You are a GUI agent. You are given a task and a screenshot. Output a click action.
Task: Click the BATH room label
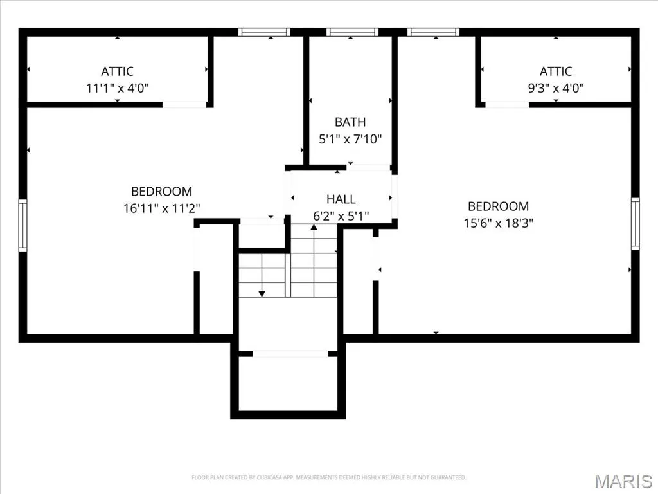tap(350, 122)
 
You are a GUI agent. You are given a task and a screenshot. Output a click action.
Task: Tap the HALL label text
tap(341, 199)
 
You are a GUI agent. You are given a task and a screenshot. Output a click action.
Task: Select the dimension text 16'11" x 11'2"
tap(161, 208)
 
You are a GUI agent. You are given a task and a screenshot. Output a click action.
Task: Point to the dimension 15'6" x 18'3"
tap(498, 223)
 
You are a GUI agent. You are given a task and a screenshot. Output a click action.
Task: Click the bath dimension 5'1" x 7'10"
tap(350, 139)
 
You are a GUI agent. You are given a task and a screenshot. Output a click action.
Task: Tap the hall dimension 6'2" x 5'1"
tap(341, 216)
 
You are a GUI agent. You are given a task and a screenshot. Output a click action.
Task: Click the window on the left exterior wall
tap(22, 226)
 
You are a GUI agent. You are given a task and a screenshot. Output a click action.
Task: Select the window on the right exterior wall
tap(636, 224)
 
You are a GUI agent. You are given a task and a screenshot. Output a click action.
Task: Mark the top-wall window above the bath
tap(353, 32)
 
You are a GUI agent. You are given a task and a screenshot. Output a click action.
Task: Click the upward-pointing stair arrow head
tap(314, 227)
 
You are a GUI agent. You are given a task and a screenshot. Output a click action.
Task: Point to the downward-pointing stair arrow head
tap(262, 293)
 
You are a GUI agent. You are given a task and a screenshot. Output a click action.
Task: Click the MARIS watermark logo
tap(623, 481)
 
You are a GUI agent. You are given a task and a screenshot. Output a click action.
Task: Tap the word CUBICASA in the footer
tap(268, 477)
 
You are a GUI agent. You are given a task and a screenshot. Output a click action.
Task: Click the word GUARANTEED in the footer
tap(449, 477)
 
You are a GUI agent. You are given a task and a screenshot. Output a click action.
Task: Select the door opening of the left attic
tap(184, 105)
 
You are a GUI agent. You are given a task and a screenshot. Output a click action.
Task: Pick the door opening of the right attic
tap(507, 105)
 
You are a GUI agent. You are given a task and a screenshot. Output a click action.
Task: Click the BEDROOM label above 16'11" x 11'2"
tap(161, 192)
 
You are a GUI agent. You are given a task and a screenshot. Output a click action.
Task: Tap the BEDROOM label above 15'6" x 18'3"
tap(498, 206)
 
